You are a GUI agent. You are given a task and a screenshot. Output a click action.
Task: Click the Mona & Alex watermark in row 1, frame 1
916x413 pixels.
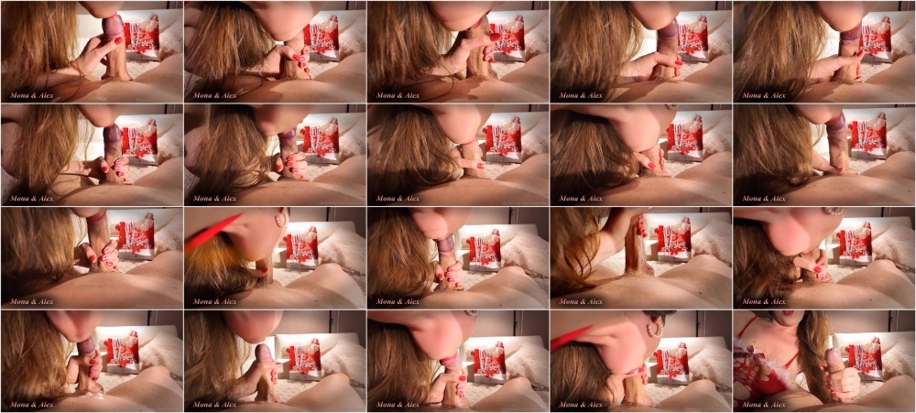(x=31, y=95)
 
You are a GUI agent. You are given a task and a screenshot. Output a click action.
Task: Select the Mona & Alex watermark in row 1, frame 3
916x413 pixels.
(x=398, y=95)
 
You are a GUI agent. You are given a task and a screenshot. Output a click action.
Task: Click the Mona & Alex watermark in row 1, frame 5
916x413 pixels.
(x=764, y=95)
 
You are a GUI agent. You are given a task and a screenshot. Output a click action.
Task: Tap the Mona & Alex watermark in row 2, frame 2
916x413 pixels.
(x=215, y=199)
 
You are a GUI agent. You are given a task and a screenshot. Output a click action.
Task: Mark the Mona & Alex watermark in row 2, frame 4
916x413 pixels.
(x=582, y=199)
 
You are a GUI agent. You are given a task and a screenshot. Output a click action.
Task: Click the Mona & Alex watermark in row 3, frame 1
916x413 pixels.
(x=31, y=301)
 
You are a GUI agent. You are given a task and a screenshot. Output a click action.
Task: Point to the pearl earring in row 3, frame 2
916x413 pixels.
(x=281, y=219)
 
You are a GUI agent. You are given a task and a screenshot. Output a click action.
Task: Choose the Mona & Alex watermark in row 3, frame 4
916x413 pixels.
(x=582, y=301)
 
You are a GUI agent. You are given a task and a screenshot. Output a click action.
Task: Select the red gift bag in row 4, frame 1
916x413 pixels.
(x=122, y=353)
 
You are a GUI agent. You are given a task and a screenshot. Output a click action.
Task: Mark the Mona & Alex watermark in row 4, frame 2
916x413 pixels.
(x=215, y=404)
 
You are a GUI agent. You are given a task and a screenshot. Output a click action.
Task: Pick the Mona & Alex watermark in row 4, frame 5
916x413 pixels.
(x=764, y=404)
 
